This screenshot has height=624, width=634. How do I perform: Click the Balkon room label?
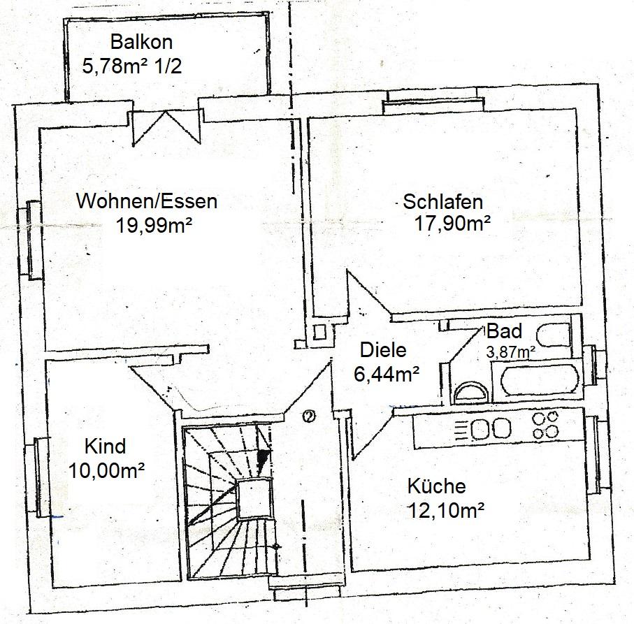click(141, 42)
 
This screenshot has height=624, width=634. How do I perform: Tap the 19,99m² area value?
click(154, 225)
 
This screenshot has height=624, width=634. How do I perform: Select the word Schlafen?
click(442, 202)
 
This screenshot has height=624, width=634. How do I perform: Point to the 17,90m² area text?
click(452, 223)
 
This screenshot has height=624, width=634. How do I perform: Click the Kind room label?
click(105, 447)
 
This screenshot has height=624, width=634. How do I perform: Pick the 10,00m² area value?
click(107, 470)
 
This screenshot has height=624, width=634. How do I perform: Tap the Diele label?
click(383, 350)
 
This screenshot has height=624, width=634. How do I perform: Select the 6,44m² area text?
click(386, 374)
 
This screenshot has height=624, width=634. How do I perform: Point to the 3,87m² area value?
click(511, 352)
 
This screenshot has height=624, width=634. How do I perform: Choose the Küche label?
click(436, 486)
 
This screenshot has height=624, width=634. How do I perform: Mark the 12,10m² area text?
click(446, 510)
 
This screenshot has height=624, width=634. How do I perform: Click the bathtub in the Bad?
click(540, 381)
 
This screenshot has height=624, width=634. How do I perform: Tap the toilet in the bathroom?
click(554, 335)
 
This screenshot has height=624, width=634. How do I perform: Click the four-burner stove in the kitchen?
click(545, 426)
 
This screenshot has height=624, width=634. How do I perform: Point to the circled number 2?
click(310, 416)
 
